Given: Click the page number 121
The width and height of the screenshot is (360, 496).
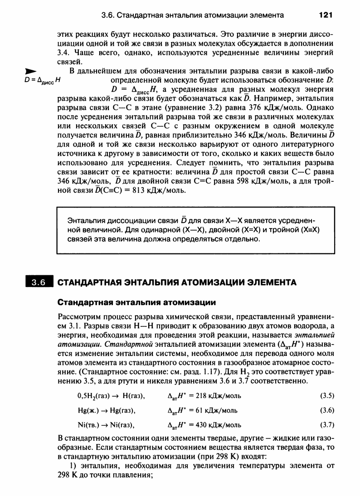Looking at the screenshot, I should coord(326,15).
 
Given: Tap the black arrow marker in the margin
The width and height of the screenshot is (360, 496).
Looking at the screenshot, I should coord(30,71).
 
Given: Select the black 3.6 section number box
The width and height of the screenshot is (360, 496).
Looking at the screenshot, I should coord(39,282).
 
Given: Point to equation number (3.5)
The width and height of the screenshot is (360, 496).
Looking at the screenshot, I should coord(327,396).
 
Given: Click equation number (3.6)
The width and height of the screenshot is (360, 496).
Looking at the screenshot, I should coord(327,410).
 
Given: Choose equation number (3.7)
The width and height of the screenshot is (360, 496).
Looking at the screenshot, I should coord(327,425).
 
